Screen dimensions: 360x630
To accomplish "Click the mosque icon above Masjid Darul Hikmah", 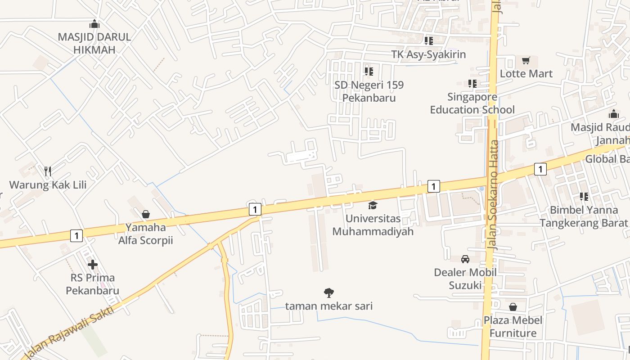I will pyautogui.click(x=94, y=24).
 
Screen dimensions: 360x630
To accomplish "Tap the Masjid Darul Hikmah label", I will pyautogui.click(x=94, y=43).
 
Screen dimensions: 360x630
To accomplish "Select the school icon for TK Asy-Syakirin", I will pyautogui.click(x=428, y=41).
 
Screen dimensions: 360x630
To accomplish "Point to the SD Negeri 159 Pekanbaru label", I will pyautogui.click(x=369, y=91).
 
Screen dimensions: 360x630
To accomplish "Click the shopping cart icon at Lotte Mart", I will pyautogui.click(x=526, y=61).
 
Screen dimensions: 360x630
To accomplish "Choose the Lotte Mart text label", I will pyautogui.click(x=526, y=73).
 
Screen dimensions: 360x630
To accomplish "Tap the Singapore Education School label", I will pyautogui.click(x=472, y=103).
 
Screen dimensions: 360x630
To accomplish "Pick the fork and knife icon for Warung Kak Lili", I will pyautogui.click(x=48, y=171).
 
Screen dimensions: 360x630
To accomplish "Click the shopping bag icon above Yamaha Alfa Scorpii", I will pyautogui.click(x=145, y=214).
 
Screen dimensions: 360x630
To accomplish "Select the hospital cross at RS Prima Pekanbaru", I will pyautogui.click(x=93, y=265).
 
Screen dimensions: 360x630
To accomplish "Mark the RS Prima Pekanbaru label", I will pyautogui.click(x=92, y=284).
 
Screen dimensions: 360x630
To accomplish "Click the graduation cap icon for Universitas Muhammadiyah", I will pyautogui.click(x=373, y=206).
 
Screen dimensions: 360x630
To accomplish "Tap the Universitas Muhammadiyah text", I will pyautogui.click(x=373, y=225).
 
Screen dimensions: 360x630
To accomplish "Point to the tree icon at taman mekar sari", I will pyautogui.click(x=329, y=293).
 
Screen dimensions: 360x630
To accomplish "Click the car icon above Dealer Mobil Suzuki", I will pyautogui.click(x=465, y=259).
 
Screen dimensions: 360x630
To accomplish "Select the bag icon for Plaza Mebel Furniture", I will pyautogui.click(x=513, y=307).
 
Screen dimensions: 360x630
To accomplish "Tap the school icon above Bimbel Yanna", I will pyautogui.click(x=584, y=197).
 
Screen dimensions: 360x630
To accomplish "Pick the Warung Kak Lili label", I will pyautogui.click(x=48, y=184).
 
